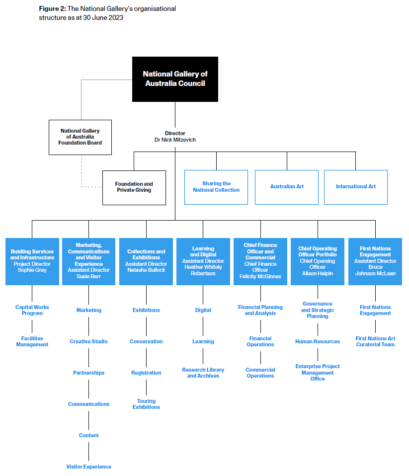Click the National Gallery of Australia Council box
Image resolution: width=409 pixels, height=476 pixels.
pos(175,79)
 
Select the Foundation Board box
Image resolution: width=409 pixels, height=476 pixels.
pos(80,137)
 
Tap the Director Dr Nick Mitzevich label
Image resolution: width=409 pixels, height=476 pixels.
pos(175,136)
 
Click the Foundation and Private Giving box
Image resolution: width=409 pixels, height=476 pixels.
pos(134,188)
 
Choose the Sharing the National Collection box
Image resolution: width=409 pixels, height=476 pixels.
pos(216,187)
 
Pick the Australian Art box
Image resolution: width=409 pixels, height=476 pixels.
pos(287,187)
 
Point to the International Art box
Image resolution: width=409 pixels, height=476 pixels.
pos(355,187)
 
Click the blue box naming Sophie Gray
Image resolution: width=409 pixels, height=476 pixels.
pos(32,261)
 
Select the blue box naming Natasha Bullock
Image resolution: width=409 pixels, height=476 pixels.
pos(146,261)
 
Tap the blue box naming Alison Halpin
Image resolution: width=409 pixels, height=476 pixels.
pos(318,261)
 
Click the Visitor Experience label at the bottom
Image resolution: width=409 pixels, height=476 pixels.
pos(88,467)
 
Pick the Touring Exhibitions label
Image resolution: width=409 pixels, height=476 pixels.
pos(146,404)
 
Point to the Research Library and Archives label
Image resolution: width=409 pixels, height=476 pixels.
pos(203,373)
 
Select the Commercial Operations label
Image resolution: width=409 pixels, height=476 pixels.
pos(260,373)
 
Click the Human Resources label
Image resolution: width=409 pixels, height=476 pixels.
pos(318,341)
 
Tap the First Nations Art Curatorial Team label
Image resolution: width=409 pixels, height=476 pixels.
pos(375,341)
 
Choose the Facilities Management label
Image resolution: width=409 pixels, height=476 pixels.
pos(32,341)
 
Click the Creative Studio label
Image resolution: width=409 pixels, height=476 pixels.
pos(88,341)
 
